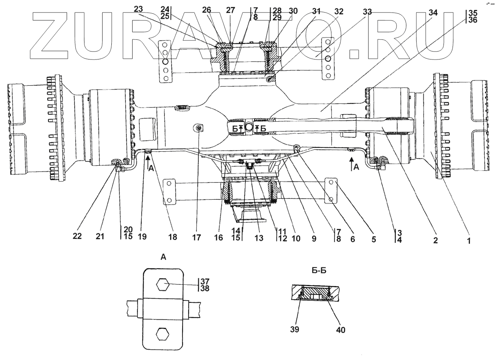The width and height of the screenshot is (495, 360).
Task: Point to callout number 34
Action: click(x=433, y=13)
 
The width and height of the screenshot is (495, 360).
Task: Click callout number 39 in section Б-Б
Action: click(x=295, y=329)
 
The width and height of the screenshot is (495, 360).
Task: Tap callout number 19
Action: click(x=142, y=236)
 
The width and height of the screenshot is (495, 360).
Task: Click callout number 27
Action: click(x=230, y=11)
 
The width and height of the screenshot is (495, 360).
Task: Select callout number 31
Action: click(x=316, y=12)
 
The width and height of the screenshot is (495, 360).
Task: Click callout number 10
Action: click(x=297, y=238)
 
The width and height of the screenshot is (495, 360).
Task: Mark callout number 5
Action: click(x=374, y=239)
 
